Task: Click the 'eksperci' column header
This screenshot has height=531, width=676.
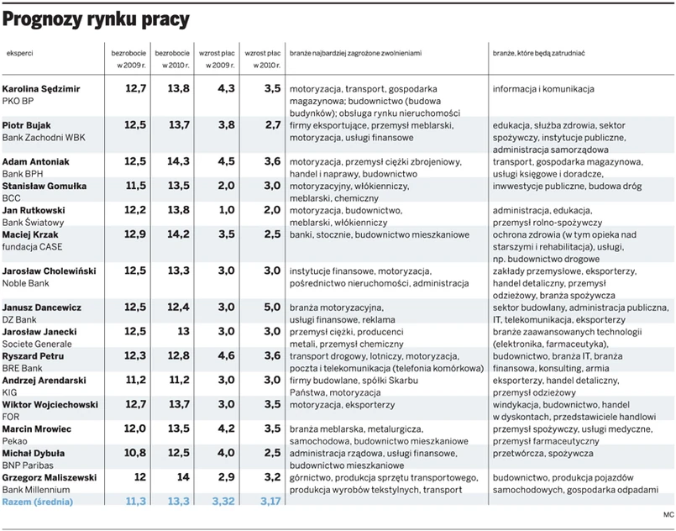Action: [20, 52]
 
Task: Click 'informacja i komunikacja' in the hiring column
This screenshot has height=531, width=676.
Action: [543, 88]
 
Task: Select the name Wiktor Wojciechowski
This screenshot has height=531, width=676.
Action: [50, 404]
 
